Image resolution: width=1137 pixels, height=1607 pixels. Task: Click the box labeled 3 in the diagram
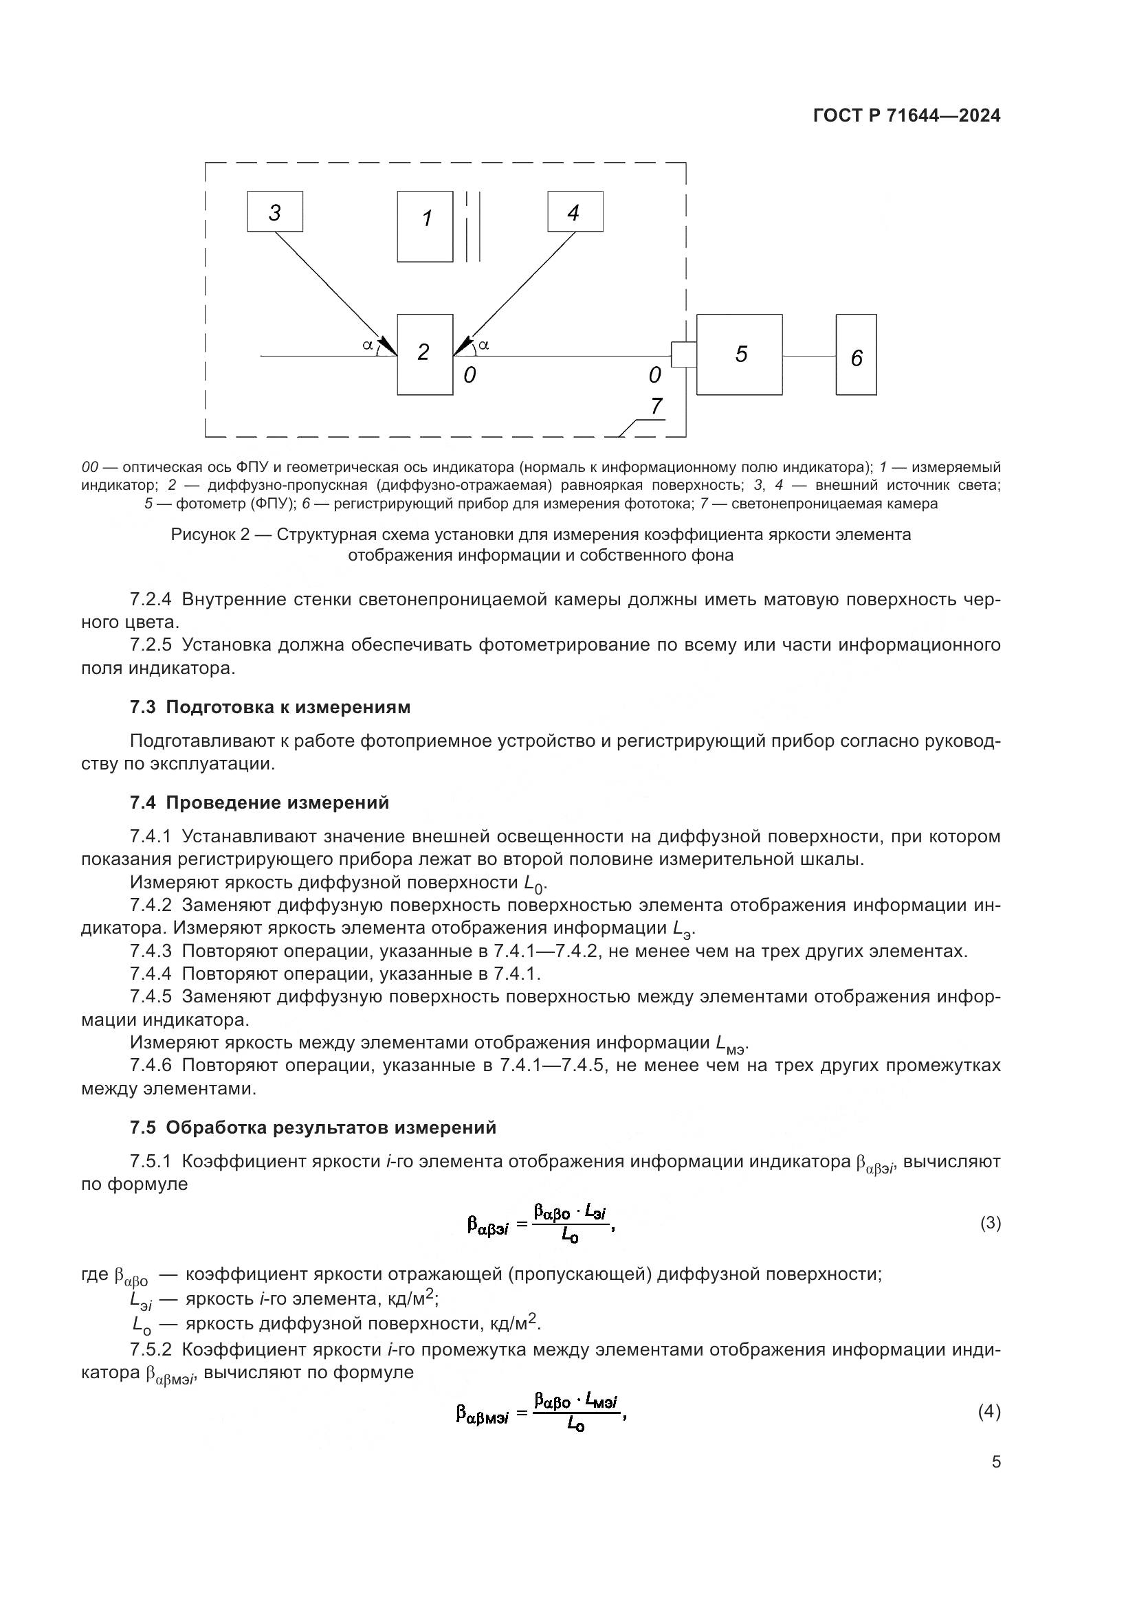pyautogui.click(x=274, y=212)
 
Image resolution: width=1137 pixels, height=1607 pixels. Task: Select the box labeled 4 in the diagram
pyautogui.click(x=575, y=212)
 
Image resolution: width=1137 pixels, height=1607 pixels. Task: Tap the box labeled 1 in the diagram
pyautogui.click(x=425, y=227)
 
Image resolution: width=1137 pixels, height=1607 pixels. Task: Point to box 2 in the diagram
pyautogui.click(x=425, y=354)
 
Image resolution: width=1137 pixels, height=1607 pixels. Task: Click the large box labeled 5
pyautogui.click(x=740, y=354)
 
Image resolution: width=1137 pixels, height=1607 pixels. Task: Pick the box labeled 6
pyautogui.click(x=856, y=355)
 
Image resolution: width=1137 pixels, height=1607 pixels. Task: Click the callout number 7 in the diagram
pyautogui.click(x=656, y=407)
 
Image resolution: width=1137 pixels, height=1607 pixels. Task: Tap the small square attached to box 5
pyautogui.click(x=683, y=354)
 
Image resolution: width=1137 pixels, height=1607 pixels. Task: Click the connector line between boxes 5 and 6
pyautogui.click(x=808, y=356)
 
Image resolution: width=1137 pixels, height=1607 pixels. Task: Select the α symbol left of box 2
pyautogui.click(x=367, y=344)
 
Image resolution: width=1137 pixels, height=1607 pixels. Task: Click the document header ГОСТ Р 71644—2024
pyautogui.click(x=907, y=116)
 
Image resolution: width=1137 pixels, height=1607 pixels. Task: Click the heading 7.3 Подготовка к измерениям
pyautogui.click(x=269, y=707)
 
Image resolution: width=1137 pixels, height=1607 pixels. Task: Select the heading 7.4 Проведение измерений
pyautogui.click(x=259, y=802)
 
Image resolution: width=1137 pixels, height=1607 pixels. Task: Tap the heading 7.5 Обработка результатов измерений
pyautogui.click(x=312, y=1127)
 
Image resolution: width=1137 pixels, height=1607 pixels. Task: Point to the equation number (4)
pyautogui.click(x=989, y=1411)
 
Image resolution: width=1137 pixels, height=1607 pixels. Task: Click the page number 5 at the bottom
pyautogui.click(x=995, y=1461)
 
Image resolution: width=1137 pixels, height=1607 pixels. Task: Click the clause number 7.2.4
pyautogui.click(x=151, y=599)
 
